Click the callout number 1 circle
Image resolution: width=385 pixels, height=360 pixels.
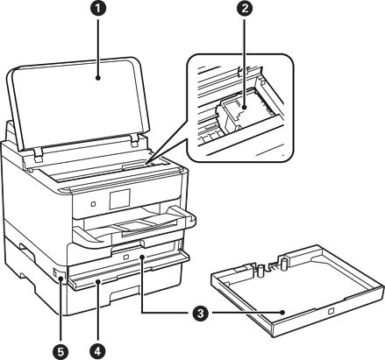click(98, 8)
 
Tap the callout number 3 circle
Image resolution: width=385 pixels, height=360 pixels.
click(200, 314)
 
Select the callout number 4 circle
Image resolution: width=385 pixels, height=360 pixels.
click(98, 351)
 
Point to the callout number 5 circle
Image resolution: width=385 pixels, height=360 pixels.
click(61, 351)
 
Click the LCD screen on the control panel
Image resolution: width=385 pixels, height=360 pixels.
click(120, 199)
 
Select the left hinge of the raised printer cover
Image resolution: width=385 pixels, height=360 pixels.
click(38, 154)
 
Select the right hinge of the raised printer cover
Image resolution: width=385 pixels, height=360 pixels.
click(135, 140)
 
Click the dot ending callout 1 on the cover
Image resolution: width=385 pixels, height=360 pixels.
click(98, 78)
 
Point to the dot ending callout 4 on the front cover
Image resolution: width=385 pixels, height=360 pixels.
click(98, 282)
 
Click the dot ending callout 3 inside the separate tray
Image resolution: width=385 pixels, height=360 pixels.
click(282, 313)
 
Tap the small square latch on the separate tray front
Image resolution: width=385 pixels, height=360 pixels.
click(331, 311)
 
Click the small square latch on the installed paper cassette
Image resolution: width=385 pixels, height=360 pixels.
click(126, 258)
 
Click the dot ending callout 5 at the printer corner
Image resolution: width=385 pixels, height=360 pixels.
click(61, 279)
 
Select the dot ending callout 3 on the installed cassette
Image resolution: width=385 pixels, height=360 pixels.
click(142, 257)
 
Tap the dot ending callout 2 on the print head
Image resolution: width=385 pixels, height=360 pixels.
click(245, 108)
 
